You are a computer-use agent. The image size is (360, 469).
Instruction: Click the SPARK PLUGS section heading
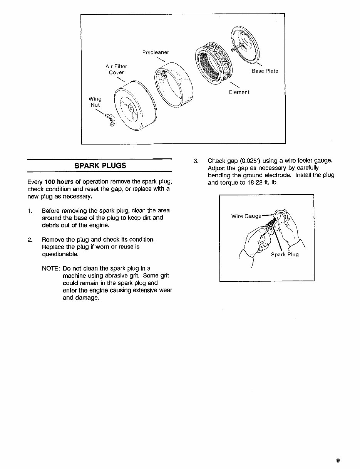(100, 166)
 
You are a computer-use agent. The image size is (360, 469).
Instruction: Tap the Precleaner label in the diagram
(156, 52)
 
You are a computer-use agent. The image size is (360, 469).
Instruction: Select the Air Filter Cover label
(116, 69)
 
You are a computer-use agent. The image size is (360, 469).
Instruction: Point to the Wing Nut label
(95, 102)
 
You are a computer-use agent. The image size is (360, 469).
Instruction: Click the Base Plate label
(265, 71)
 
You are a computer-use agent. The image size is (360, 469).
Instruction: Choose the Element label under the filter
(239, 92)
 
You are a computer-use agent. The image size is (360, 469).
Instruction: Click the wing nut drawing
(111, 120)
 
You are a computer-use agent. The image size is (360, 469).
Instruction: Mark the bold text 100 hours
(56, 182)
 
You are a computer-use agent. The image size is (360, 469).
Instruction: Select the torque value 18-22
(255, 182)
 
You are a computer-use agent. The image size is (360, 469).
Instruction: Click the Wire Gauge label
(246, 216)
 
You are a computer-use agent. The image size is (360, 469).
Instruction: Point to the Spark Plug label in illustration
(285, 255)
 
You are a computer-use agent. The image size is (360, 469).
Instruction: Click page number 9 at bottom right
(338, 460)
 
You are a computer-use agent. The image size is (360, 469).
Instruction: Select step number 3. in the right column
(196, 161)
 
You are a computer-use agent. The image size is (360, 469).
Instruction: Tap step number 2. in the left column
(30, 240)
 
